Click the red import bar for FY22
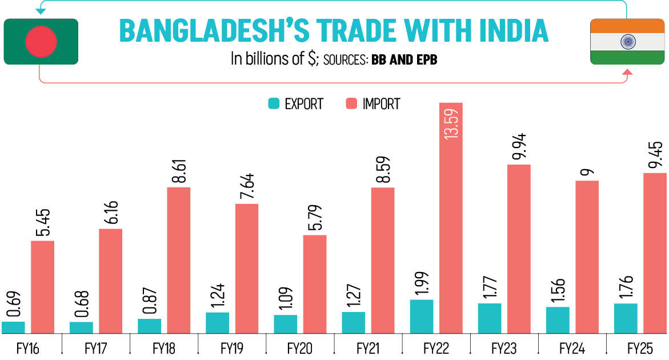pos(451,229)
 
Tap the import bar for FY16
pos(42,286)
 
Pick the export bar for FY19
pos(217,322)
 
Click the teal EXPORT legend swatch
pos(273,104)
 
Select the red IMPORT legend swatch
pos(351,104)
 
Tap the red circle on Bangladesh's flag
pos(41,41)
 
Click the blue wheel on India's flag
pos(627,41)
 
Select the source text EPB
pos(424,59)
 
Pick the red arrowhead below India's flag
pos(627,73)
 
